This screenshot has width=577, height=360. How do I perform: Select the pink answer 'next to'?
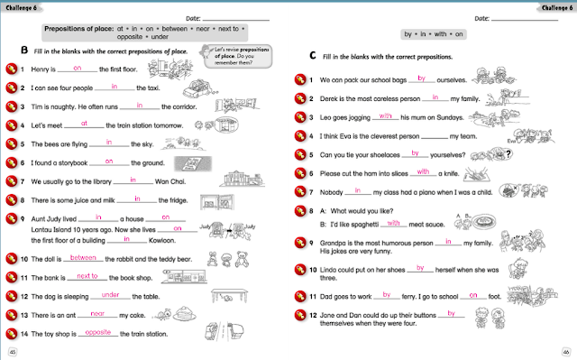click(87, 275)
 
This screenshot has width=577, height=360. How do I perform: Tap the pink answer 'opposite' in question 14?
click(96, 332)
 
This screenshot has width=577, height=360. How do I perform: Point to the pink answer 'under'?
click(110, 294)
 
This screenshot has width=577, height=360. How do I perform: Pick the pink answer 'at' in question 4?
click(83, 123)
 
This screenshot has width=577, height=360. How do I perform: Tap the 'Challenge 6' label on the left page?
click(22, 8)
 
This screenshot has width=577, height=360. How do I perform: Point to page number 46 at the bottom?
click(565, 351)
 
